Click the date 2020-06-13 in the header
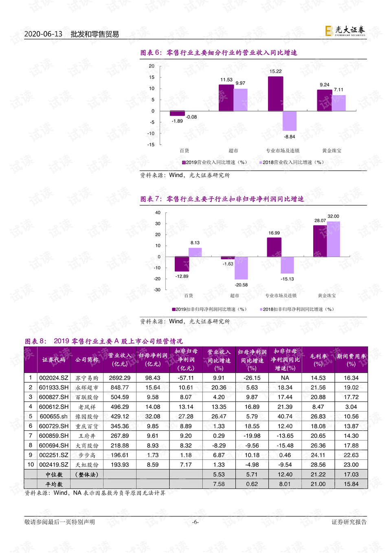(x=43, y=34)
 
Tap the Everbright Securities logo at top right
(x=345, y=31)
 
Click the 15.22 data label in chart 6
(x=275, y=71)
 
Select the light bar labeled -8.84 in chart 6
(x=290, y=121)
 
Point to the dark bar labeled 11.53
(x=226, y=98)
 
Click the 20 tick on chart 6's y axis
(x=152, y=66)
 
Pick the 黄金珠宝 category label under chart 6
(x=332, y=151)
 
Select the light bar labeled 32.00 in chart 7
(x=333, y=239)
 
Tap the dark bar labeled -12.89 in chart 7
(x=182, y=264)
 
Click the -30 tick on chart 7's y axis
(x=157, y=290)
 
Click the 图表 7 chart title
(x=222, y=199)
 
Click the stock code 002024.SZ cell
(x=54, y=378)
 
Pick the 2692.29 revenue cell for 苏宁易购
(x=120, y=378)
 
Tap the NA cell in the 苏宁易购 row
(x=285, y=378)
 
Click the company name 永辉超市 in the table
(x=87, y=388)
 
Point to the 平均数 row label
(x=54, y=484)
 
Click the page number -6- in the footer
(x=195, y=522)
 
